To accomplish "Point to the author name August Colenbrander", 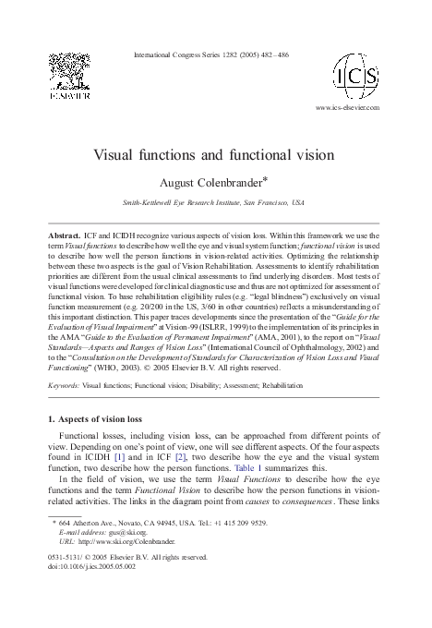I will click(x=213, y=182).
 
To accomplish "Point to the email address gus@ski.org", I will click(x=118, y=533).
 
